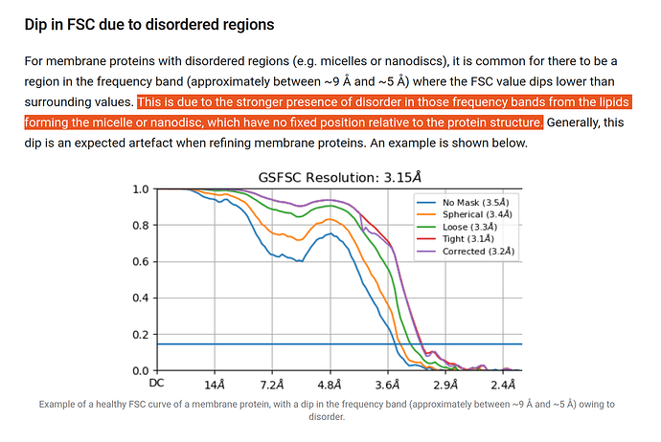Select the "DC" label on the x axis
click(x=156, y=383)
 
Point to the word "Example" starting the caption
click(x=59, y=404)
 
